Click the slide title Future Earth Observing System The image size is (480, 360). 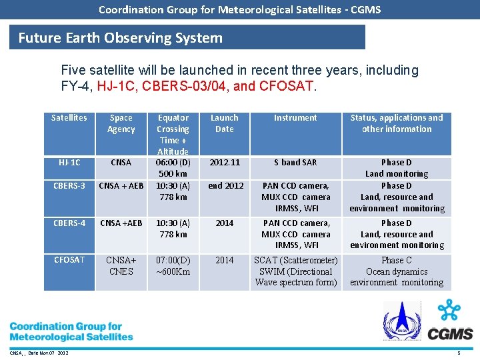(x=120, y=38)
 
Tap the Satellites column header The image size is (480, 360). (x=69, y=118)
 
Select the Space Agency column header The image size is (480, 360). (x=121, y=123)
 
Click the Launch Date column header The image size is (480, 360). (x=225, y=123)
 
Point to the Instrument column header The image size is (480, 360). (x=295, y=118)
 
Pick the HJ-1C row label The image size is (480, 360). (x=69, y=163)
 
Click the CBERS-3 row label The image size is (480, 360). (x=69, y=186)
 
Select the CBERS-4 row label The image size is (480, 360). (x=69, y=223)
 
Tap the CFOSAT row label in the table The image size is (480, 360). (x=69, y=260)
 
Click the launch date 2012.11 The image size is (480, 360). (x=225, y=163)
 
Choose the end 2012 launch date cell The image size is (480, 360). (x=225, y=186)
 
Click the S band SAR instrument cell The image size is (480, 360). (x=295, y=163)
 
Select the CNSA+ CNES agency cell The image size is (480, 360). (x=121, y=265)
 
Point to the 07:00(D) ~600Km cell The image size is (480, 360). (x=173, y=265)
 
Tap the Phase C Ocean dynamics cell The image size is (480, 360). (x=397, y=271)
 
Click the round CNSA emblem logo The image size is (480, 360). (x=401, y=321)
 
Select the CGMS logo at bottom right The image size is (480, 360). (x=451, y=321)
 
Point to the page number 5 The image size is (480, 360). (x=458, y=353)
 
